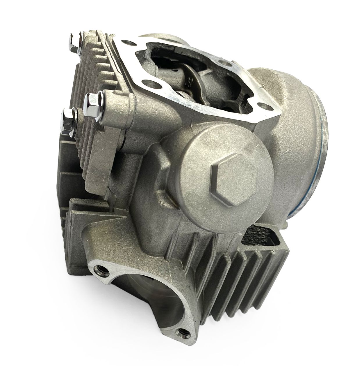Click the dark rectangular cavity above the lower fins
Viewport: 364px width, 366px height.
point(259,230)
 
